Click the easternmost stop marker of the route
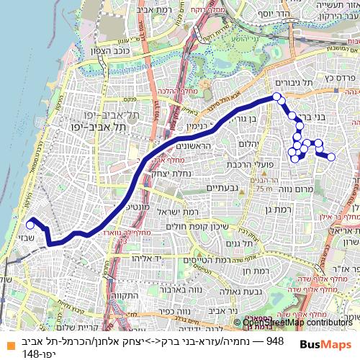[x=332, y=156]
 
